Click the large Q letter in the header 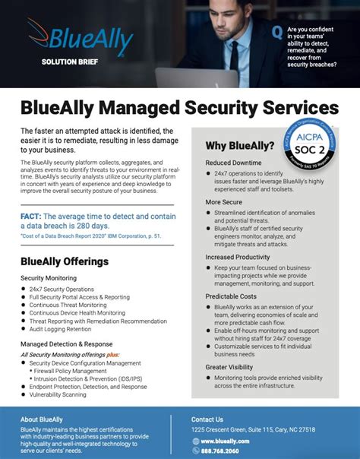tap(278, 32)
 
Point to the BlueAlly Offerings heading tap(65, 261)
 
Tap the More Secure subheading tap(224, 203)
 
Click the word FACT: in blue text tap(35, 217)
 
